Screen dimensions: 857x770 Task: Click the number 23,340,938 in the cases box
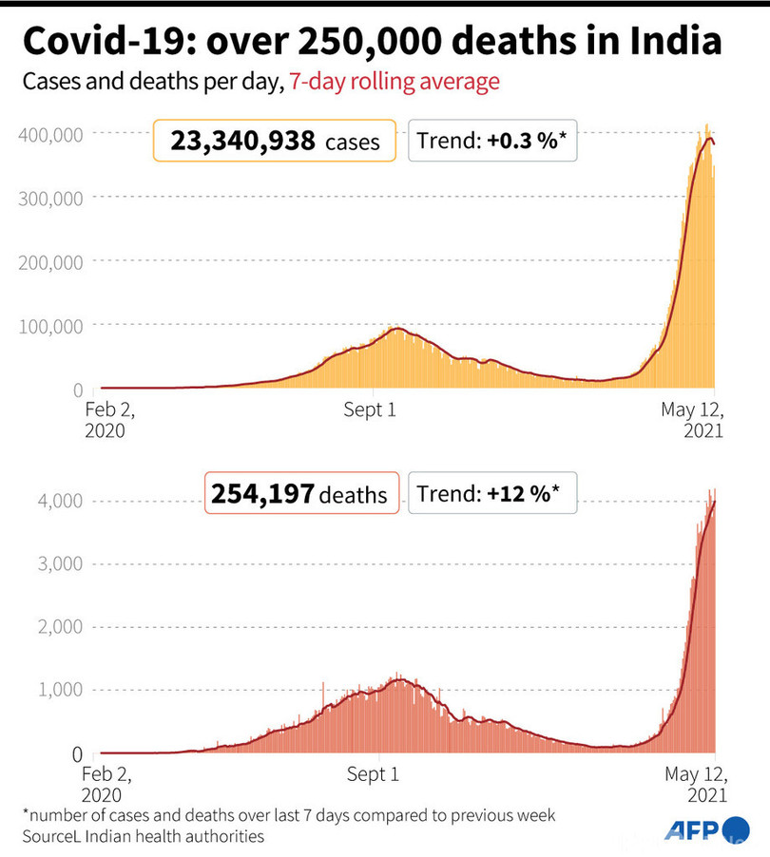click(242, 142)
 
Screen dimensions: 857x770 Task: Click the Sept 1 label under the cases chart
click(373, 410)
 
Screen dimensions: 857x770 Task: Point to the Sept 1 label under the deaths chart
click(373, 774)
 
